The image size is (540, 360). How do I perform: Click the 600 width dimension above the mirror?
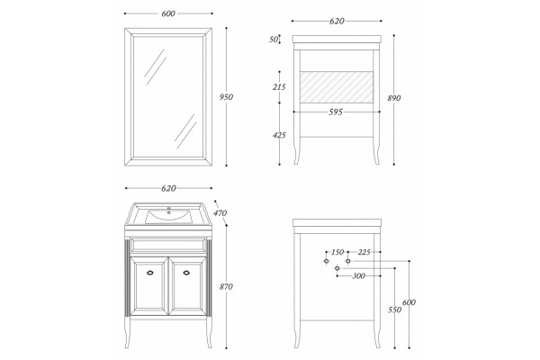tap(168, 13)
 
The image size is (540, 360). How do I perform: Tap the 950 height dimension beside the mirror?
tap(226, 97)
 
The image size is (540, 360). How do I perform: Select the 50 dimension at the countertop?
tap(274, 40)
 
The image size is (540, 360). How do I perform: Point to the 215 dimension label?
tap(279, 87)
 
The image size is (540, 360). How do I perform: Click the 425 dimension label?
tap(279, 135)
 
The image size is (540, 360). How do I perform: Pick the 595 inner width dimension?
tap(336, 112)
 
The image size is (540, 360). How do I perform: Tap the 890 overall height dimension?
tap(394, 98)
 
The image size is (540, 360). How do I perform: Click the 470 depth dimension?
tap(220, 213)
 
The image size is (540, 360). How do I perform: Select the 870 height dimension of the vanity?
tap(226, 286)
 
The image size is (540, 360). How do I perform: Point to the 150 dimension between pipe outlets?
tap(337, 252)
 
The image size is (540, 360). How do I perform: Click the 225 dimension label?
tap(364, 252)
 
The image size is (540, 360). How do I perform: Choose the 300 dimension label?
tap(358, 275)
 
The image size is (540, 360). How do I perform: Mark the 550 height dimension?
tap(395, 310)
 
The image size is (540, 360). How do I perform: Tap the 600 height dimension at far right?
tap(409, 302)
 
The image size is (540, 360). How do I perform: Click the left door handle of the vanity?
tap(149, 273)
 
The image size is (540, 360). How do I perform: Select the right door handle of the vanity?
tap(186, 273)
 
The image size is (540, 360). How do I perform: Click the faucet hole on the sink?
tap(169, 209)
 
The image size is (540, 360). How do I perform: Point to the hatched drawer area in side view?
tap(337, 87)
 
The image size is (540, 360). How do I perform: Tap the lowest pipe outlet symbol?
tap(337, 268)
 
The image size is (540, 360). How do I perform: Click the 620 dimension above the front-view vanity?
tap(168, 188)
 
